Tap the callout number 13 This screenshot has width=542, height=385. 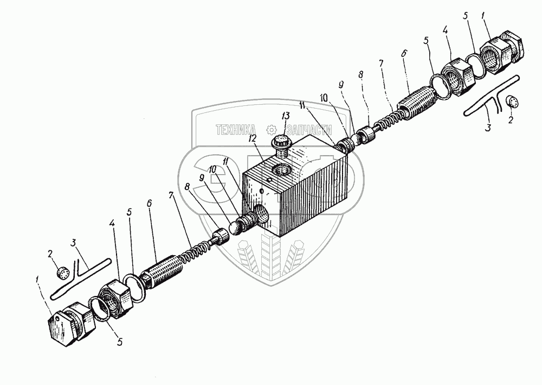[286, 116]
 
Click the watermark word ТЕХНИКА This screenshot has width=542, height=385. [236, 129]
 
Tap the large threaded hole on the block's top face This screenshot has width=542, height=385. [283, 169]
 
